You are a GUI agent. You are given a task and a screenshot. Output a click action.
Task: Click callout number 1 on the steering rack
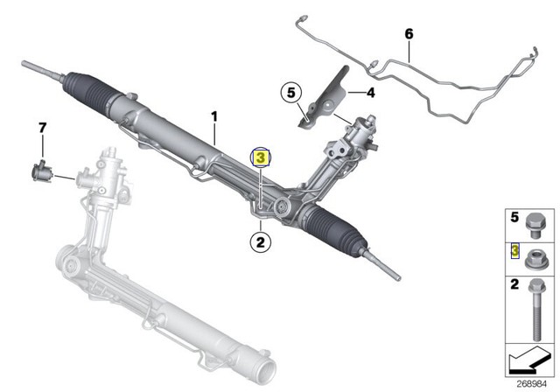213,115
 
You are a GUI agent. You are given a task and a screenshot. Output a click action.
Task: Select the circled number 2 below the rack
260,236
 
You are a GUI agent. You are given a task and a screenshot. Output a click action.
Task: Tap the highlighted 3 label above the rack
260,158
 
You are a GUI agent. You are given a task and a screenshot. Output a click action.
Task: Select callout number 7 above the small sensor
40,129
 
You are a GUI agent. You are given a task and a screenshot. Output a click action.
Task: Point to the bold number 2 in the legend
514,284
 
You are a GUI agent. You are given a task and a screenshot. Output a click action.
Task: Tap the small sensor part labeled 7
41,169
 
